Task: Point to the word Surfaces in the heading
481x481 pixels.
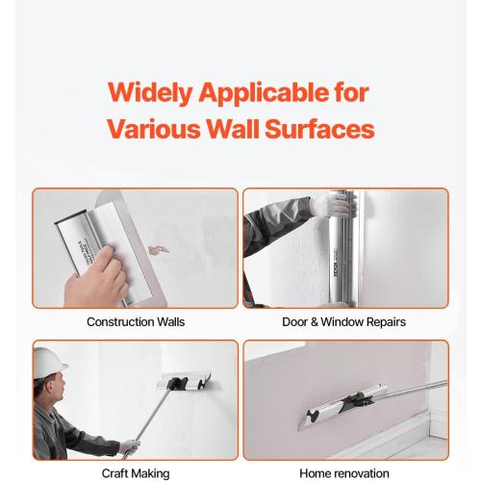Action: pos(321,129)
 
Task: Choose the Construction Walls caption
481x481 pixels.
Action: pos(136,321)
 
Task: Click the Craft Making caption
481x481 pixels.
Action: pos(136,473)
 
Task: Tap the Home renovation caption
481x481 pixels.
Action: pos(344,473)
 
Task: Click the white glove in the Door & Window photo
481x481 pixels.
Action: pos(334,203)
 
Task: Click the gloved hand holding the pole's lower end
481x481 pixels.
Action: pos(128,447)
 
